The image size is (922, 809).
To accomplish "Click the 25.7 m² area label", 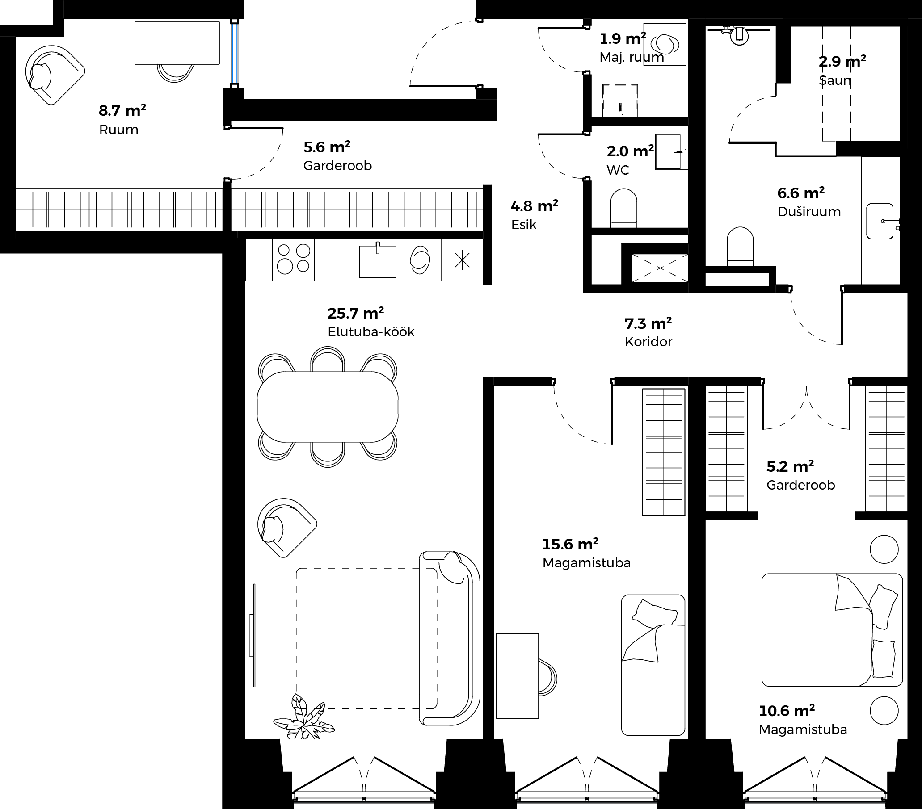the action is (355, 313).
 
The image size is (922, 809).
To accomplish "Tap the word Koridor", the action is (648, 342).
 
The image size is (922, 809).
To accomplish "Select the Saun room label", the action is (835, 81).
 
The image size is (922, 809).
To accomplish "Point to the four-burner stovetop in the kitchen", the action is (293, 260).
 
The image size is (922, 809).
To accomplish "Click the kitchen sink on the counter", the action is (378, 260).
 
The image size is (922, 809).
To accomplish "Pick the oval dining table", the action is (328, 407).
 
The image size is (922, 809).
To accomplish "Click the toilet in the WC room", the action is (624, 208).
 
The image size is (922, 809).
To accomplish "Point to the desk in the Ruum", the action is (177, 43).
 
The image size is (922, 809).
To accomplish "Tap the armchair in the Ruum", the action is (53, 75).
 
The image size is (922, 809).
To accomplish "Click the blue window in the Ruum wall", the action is (234, 53).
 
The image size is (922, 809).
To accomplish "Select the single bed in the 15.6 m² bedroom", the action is (653, 665).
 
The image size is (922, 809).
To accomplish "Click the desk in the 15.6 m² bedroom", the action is (518, 676).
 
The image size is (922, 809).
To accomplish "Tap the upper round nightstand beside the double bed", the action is (884, 549).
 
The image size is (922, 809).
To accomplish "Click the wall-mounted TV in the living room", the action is (253, 635).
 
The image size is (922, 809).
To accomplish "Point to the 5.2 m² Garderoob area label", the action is (790, 466).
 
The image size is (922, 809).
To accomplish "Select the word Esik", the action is (524, 225).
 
